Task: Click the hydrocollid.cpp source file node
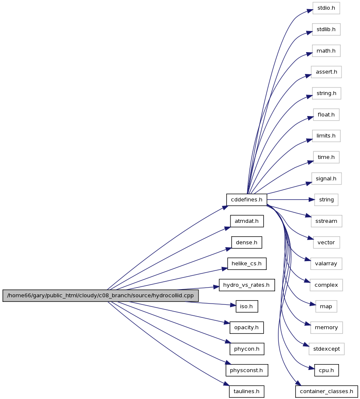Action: point(101,296)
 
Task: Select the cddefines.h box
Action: point(246,200)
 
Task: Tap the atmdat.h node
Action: point(247,221)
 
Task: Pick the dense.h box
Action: point(246,243)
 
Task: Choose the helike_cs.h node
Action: point(247,264)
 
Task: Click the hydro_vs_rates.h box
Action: point(247,285)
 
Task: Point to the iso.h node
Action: point(247,307)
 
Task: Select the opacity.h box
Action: point(247,328)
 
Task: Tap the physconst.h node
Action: point(247,370)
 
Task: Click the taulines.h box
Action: point(246,391)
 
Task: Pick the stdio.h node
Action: point(326,8)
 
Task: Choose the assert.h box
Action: point(326,72)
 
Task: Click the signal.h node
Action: point(326,179)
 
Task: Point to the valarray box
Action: point(326,264)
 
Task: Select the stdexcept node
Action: point(326,349)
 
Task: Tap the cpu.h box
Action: point(326,370)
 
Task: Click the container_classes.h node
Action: point(326,391)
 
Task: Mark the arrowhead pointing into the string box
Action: point(312,200)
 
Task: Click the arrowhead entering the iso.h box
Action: point(233,305)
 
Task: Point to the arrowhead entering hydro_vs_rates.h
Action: point(216,287)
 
